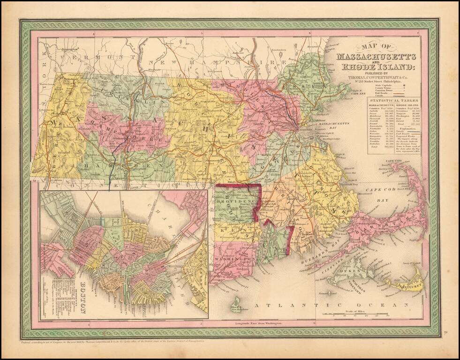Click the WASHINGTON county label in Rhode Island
pos(233,259)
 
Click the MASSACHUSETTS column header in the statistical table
pos(381,105)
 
